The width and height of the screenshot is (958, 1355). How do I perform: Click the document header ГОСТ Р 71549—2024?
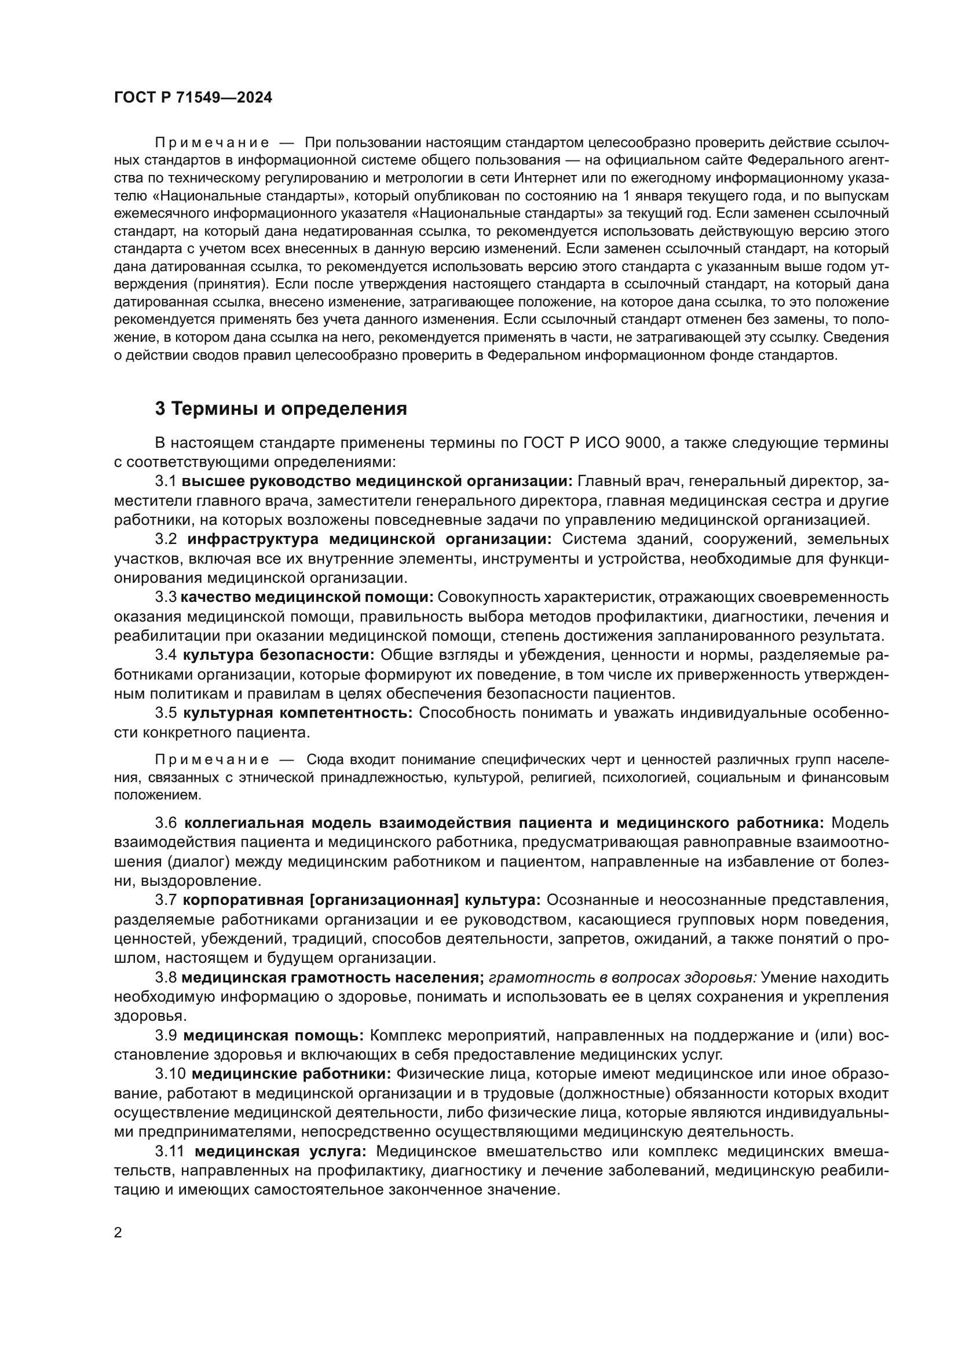193,98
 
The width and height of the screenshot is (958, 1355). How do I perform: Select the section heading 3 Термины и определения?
281,408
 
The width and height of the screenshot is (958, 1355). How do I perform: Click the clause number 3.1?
166,481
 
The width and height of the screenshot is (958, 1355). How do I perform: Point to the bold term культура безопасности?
279,655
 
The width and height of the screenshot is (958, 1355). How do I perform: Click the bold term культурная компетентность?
298,713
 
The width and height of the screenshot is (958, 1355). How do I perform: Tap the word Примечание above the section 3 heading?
212,143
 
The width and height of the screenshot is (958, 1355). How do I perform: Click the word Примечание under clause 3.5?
212,759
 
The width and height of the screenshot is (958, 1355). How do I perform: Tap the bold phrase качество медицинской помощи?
307,597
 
